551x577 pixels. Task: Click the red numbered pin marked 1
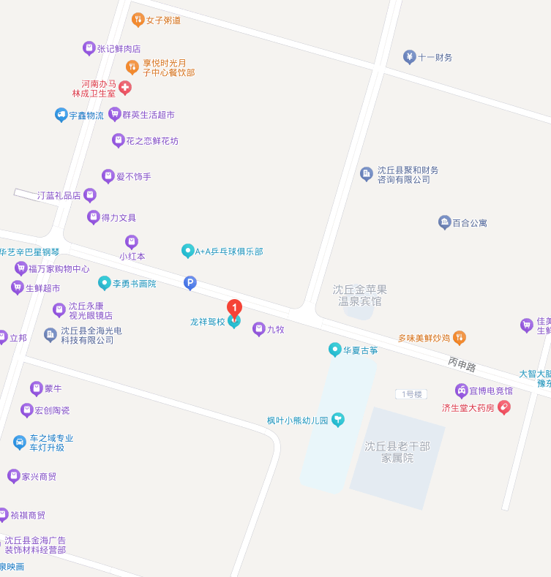234,308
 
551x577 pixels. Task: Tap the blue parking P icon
190,282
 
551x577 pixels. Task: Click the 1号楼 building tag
410,394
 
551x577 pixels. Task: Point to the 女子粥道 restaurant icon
138,20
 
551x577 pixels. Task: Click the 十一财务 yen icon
410,57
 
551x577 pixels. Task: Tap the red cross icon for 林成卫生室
125,88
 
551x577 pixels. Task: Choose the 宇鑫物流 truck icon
61,115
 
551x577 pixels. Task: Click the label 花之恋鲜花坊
151,140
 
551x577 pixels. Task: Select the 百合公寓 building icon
444,222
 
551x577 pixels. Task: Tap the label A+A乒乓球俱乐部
228,251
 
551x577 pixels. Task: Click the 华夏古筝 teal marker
335,350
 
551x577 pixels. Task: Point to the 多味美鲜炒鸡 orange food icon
460,337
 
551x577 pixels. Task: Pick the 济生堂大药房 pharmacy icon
503,407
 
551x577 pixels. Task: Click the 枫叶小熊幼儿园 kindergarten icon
337,419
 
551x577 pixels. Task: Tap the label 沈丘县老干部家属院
397,452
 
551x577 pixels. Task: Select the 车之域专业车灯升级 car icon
20,442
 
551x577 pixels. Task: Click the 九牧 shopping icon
258,329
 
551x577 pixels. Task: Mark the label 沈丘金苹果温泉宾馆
359,295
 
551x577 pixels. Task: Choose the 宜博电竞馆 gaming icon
461,391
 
